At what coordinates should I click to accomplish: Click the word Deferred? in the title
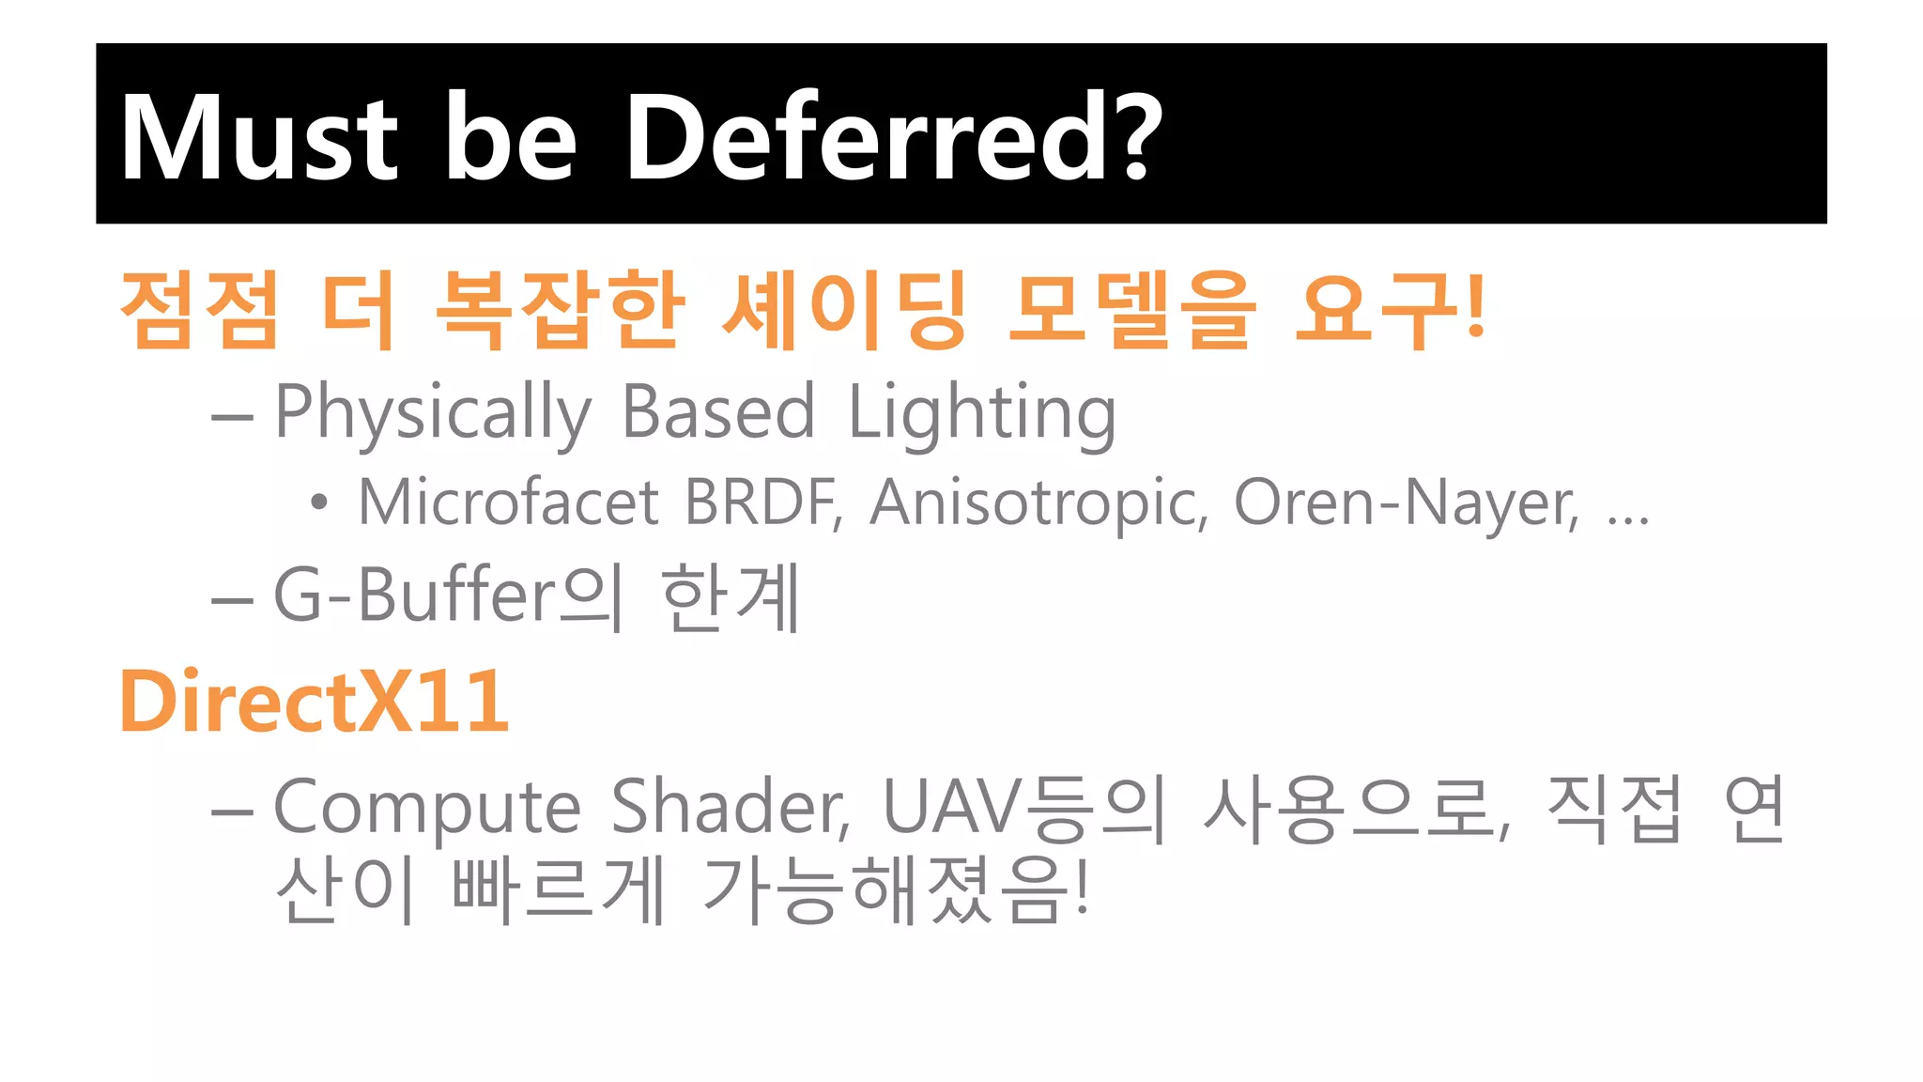tap(893, 138)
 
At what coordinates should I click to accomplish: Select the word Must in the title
tap(259, 138)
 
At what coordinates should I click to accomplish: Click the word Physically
tap(433, 412)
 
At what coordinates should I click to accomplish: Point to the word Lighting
tap(982, 412)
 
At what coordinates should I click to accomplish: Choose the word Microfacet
tap(508, 502)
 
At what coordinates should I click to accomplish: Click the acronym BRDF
tap(762, 502)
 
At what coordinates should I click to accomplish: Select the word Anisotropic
tap(1038, 502)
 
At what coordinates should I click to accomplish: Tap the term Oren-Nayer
tap(1406, 502)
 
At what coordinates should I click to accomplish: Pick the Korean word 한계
tap(731, 596)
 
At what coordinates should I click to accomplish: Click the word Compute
tap(427, 808)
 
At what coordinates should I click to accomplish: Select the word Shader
tap(730, 808)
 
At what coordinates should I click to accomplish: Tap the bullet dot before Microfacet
tap(319, 502)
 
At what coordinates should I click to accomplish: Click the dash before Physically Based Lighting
tap(232, 414)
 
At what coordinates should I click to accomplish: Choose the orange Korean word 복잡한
tap(560, 309)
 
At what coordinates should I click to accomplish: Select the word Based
tap(718, 412)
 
